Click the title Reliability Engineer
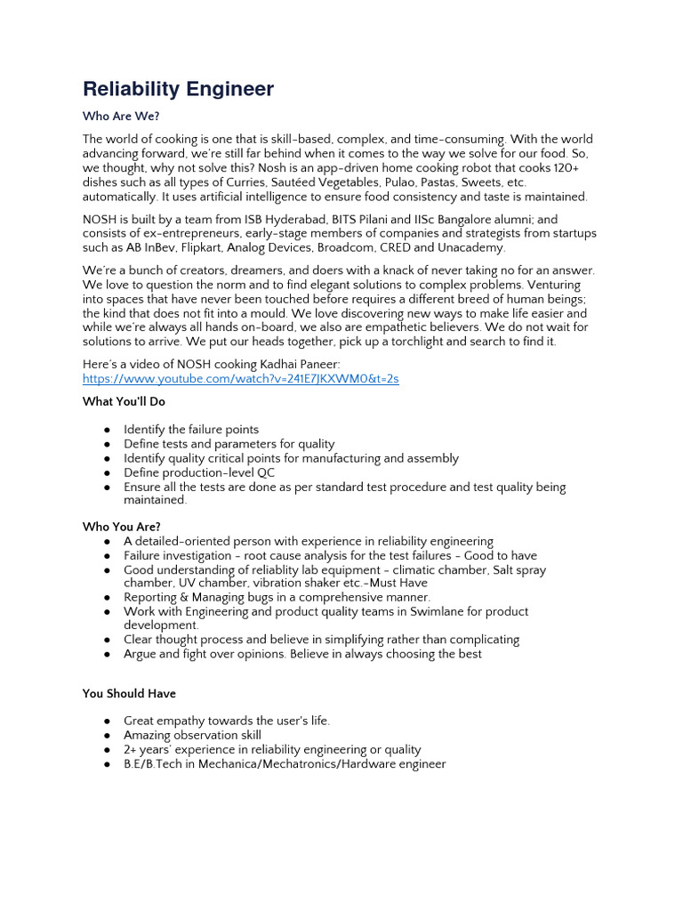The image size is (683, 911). [178, 89]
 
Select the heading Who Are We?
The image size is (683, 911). [121, 117]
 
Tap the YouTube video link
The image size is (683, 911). [240, 379]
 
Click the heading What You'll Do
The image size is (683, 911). [124, 401]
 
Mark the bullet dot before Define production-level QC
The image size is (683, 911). [107, 473]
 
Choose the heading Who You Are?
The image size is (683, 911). [122, 527]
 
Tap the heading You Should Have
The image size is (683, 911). [129, 693]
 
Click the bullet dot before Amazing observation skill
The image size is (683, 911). [107, 736]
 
